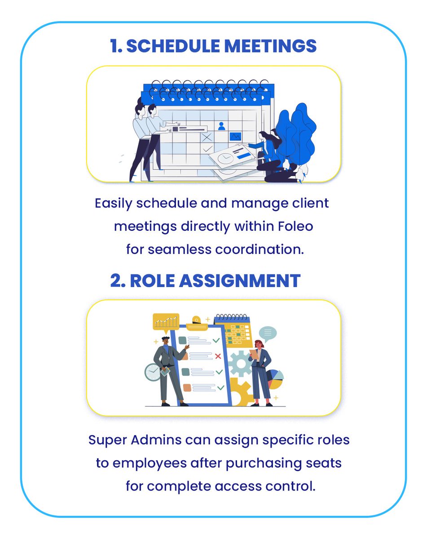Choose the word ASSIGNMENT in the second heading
pyautogui.click(x=238, y=281)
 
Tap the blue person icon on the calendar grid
pyautogui.click(x=221, y=126)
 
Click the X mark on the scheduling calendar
pyautogui.click(x=207, y=137)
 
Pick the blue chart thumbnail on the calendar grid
pyautogui.click(x=235, y=136)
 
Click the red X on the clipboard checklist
pyautogui.click(x=218, y=356)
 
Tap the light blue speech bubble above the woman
pyautogui.click(x=268, y=333)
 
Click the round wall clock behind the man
pyautogui.click(x=153, y=372)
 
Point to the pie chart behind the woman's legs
pyautogui.click(x=275, y=380)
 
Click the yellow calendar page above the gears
pyautogui.click(x=234, y=333)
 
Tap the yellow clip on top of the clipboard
pyautogui.click(x=197, y=320)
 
